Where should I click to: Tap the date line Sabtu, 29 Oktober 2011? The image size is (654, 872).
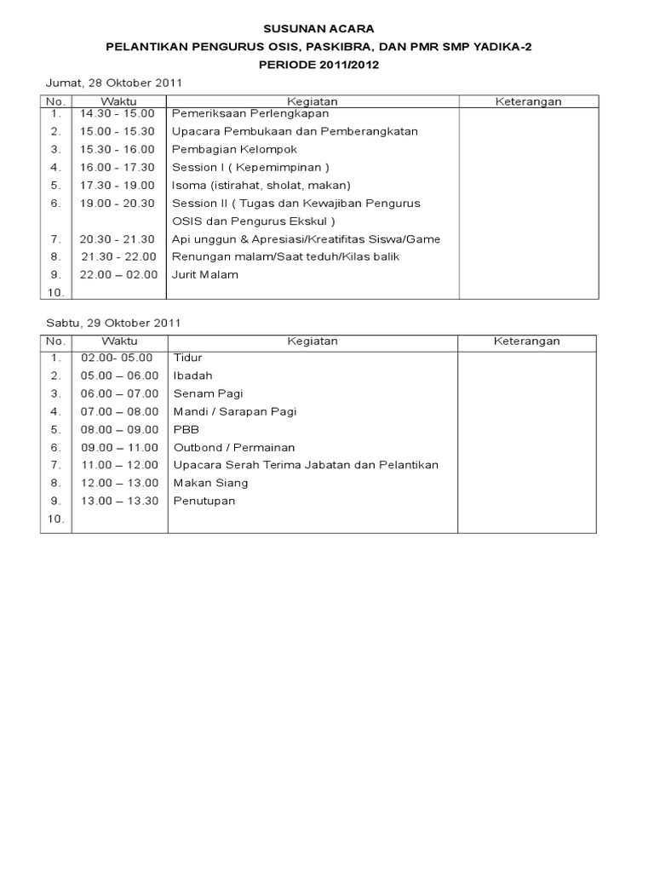(112, 323)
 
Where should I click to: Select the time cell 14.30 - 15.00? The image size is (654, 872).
(118, 113)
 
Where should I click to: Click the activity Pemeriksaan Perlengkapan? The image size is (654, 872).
(250, 113)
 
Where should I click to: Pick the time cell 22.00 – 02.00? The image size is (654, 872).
(119, 274)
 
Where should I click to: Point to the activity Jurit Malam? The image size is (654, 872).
(205, 274)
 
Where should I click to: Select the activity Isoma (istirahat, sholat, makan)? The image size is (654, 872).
(261, 185)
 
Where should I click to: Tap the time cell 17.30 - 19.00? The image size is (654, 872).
(118, 185)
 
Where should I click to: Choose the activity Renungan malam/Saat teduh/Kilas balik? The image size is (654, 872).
(285, 256)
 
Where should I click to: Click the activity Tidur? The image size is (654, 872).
(188, 358)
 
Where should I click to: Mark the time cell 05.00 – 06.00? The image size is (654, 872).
(119, 376)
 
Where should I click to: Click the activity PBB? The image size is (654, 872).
(186, 429)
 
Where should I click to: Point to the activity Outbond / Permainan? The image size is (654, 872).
(234, 447)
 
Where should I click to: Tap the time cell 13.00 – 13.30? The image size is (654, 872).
(119, 501)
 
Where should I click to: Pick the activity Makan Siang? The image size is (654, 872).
(211, 483)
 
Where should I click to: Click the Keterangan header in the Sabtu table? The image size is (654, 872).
(526, 341)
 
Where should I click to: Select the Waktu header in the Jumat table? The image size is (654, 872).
(119, 101)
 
